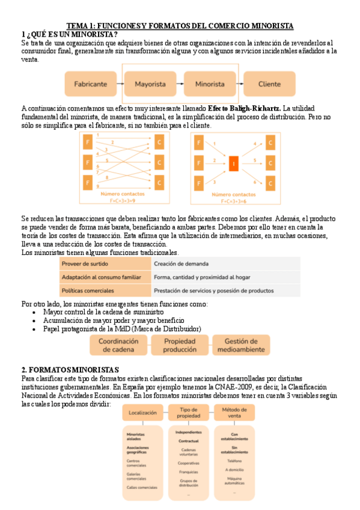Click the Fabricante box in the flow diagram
[x=91, y=84]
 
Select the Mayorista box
[x=150, y=84]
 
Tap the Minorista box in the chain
[x=210, y=84]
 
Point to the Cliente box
[x=270, y=84]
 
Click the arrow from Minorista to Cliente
[x=240, y=84]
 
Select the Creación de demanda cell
[x=182, y=263]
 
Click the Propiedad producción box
[x=180, y=345]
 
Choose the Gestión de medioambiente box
[x=240, y=345]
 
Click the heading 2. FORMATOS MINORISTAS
[x=70, y=369]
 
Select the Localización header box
[x=142, y=413]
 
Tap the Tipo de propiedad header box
[x=188, y=413]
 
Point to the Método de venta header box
[x=234, y=413]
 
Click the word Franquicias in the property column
[x=188, y=472]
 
